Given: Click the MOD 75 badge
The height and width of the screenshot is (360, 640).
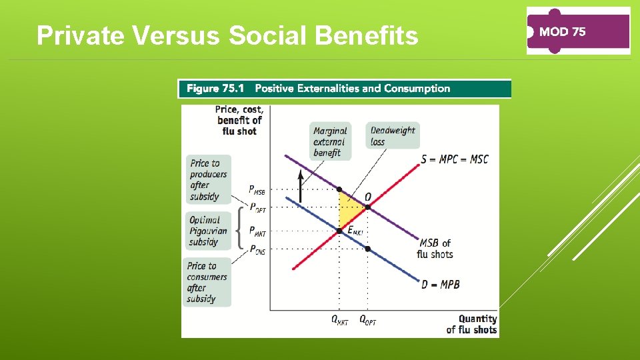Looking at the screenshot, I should pos(578,31).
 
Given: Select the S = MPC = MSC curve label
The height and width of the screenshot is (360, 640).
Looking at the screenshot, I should pos(455,159).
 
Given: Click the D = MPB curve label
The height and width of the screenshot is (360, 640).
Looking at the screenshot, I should pos(440,285).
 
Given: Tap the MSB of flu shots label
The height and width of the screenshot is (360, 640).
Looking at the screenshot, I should pos(435,249).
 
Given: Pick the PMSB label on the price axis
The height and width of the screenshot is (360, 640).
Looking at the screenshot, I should pos(257,190).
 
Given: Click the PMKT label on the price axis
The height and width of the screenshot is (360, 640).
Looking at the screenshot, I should pos(257,231).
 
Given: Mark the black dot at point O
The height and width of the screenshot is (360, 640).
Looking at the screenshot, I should pos(368,207).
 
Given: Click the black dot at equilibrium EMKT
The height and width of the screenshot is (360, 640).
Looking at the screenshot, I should pos(339,231).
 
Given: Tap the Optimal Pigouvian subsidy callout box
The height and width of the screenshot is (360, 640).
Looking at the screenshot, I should pos(208,231).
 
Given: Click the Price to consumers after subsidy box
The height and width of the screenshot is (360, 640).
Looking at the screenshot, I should pos(207,282).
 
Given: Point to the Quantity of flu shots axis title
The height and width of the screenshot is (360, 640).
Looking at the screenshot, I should pos(472,324).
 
